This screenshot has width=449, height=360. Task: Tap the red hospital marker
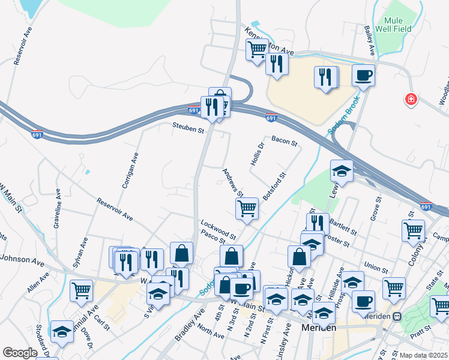tap(411, 98)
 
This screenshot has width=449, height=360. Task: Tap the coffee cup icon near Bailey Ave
tap(363, 76)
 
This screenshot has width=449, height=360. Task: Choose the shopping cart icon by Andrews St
tap(247, 208)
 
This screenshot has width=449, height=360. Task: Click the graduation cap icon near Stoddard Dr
tap(62, 331)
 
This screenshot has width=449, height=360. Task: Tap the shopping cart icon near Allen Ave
tap(81, 290)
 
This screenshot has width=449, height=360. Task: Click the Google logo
tap(20, 353)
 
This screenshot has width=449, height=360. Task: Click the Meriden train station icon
tap(397, 316)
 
